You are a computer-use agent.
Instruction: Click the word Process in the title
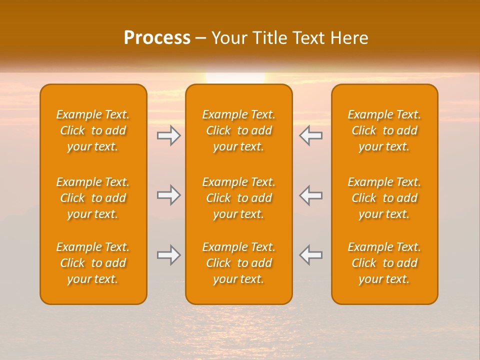(157, 38)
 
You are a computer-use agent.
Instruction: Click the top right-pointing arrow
(169, 135)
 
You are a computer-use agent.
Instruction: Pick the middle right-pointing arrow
(169, 195)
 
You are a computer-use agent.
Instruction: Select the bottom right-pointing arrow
(169, 255)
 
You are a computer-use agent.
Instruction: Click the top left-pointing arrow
(311, 135)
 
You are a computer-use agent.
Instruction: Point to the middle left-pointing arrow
(311, 195)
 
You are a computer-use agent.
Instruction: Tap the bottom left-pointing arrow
(311, 255)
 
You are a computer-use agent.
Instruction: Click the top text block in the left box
(93, 130)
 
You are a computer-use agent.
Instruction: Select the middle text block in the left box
(93, 198)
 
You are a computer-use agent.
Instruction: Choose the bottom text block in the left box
(93, 263)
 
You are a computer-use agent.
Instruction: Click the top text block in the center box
(239, 130)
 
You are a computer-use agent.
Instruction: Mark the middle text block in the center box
(239, 198)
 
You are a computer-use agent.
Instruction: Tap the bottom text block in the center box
(239, 263)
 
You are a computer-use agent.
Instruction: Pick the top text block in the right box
(384, 130)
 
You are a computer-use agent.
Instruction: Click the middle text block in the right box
(384, 198)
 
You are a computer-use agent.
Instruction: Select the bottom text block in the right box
(384, 263)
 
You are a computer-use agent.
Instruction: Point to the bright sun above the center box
(235, 78)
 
